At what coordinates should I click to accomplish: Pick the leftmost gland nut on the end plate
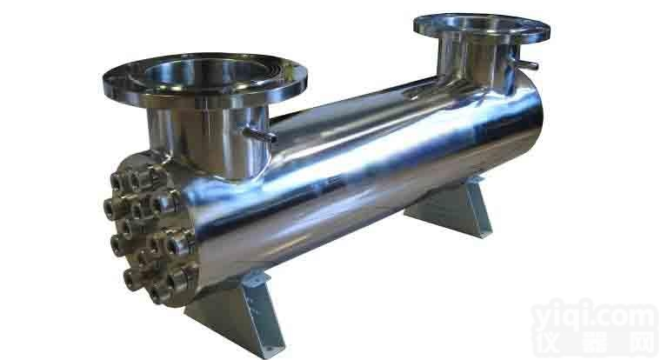tap(110, 206)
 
